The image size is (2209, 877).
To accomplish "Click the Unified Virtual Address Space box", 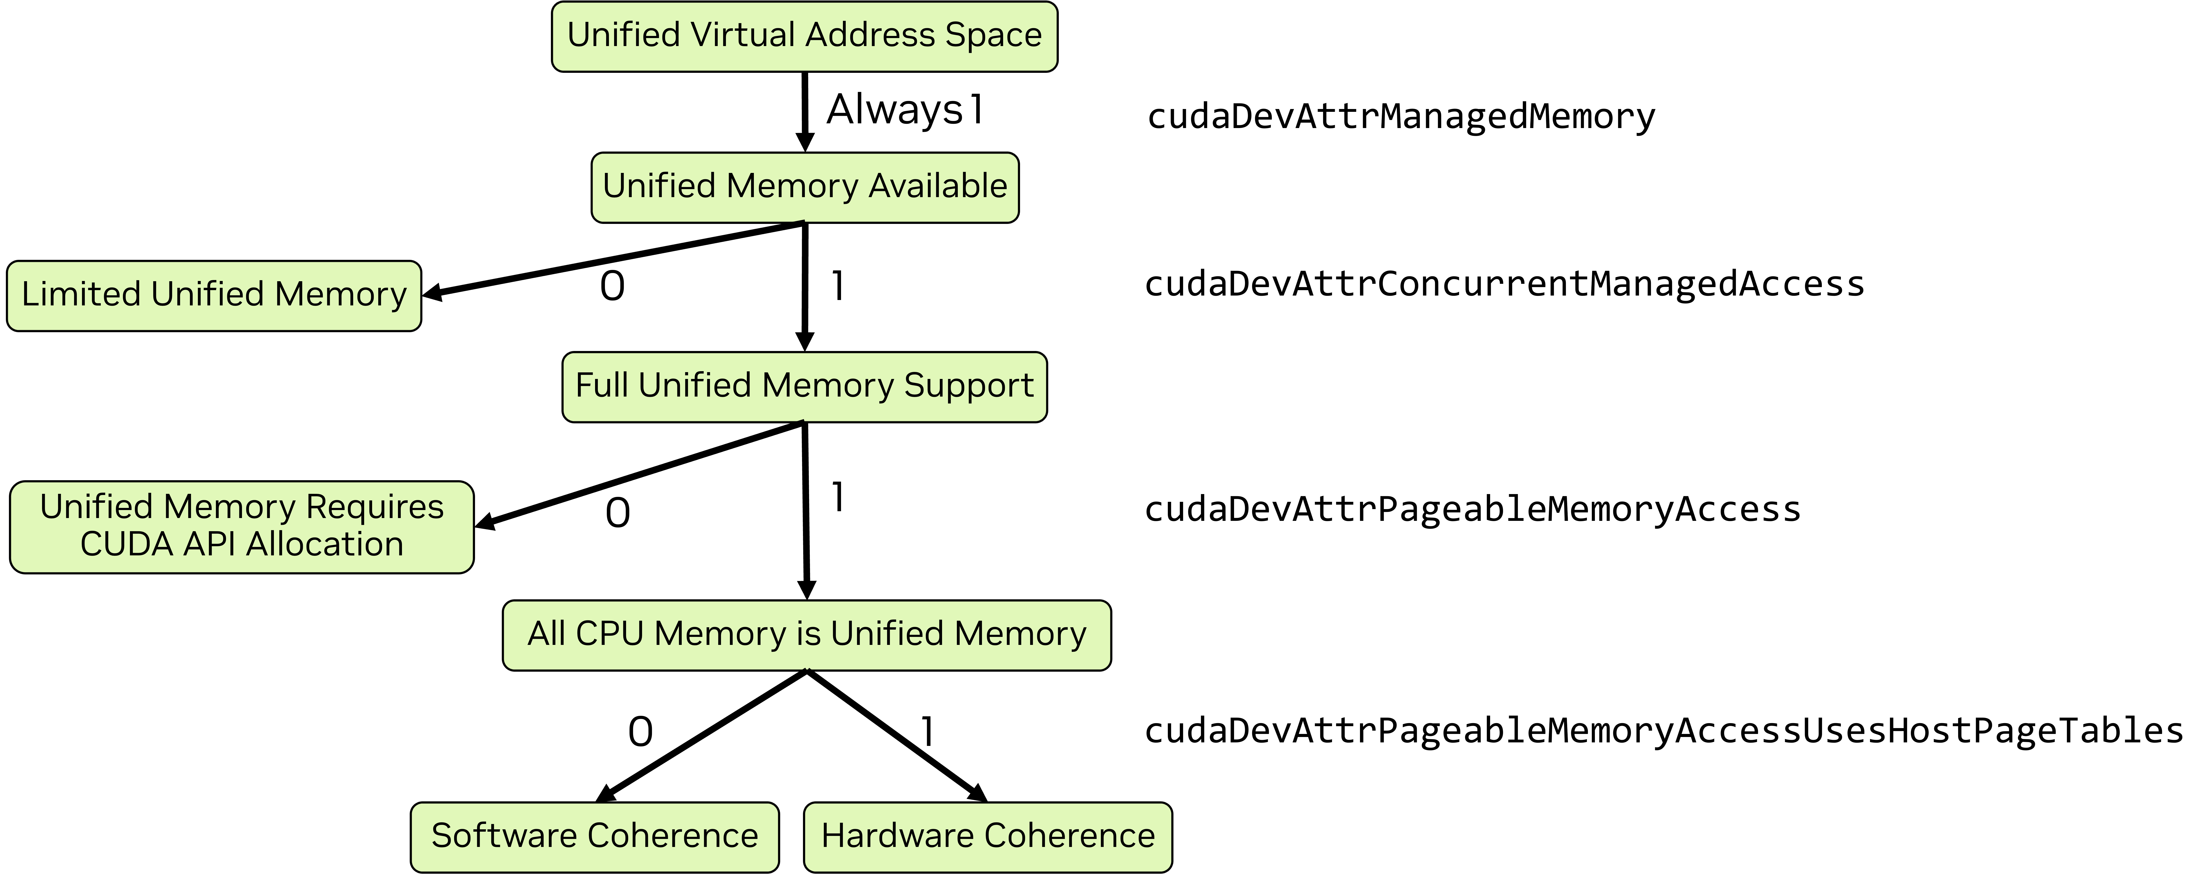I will coord(804,36).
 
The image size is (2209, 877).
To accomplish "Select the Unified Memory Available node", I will coord(804,187).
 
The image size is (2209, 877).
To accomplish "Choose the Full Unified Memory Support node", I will coord(804,387).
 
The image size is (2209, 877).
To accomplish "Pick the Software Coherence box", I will coord(594,837).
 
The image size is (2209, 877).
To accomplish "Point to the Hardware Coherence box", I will coord(988,837).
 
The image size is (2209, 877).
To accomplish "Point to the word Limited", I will coord(82,294).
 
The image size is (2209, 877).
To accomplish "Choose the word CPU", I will coord(610,634).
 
